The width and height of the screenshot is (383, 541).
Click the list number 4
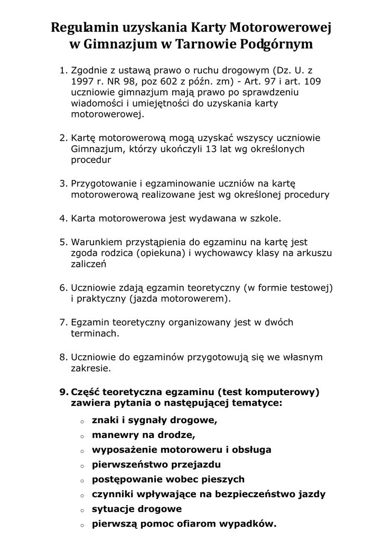[x=62, y=217]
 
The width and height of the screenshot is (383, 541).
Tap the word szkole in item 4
[x=263, y=217]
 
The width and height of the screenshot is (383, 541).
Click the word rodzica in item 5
[x=116, y=253]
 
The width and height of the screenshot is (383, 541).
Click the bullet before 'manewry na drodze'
[x=82, y=436]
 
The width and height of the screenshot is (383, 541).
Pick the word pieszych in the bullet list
[x=221, y=480]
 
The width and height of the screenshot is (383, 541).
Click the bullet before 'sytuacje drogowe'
[x=82, y=510]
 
